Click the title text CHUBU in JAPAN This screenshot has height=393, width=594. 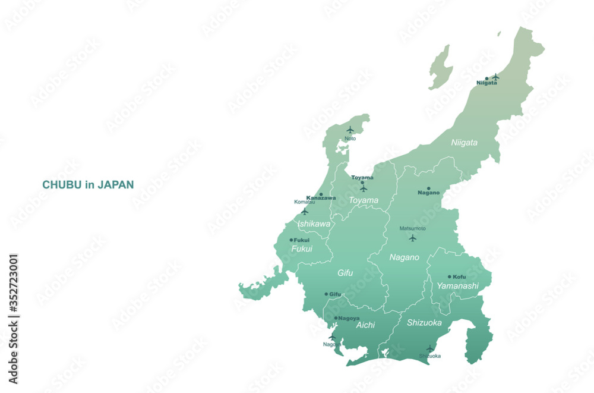click(88, 185)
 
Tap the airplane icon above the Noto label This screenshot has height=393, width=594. click(350, 130)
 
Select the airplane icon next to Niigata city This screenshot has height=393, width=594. click(495, 77)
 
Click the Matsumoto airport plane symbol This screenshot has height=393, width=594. click(412, 238)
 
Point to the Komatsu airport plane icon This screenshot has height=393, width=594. click(304, 211)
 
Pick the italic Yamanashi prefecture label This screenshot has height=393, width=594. click(457, 286)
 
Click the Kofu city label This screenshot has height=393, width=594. click(459, 276)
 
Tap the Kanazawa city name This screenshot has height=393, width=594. click(321, 197)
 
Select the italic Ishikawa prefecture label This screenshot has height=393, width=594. click(314, 224)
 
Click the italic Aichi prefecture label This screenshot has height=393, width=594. click(365, 325)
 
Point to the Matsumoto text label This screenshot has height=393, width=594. click(412, 228)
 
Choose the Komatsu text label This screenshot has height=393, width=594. click(304, 202)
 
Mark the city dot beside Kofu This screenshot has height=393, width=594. click(450, 276)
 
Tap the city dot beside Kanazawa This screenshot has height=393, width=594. click(321, 194)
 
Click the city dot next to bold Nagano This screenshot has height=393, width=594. click(428, 188)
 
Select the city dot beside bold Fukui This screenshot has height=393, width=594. click(291, 240)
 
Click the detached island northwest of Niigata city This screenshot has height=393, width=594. click(440, 67)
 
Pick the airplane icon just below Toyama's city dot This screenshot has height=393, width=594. click(363, 188)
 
